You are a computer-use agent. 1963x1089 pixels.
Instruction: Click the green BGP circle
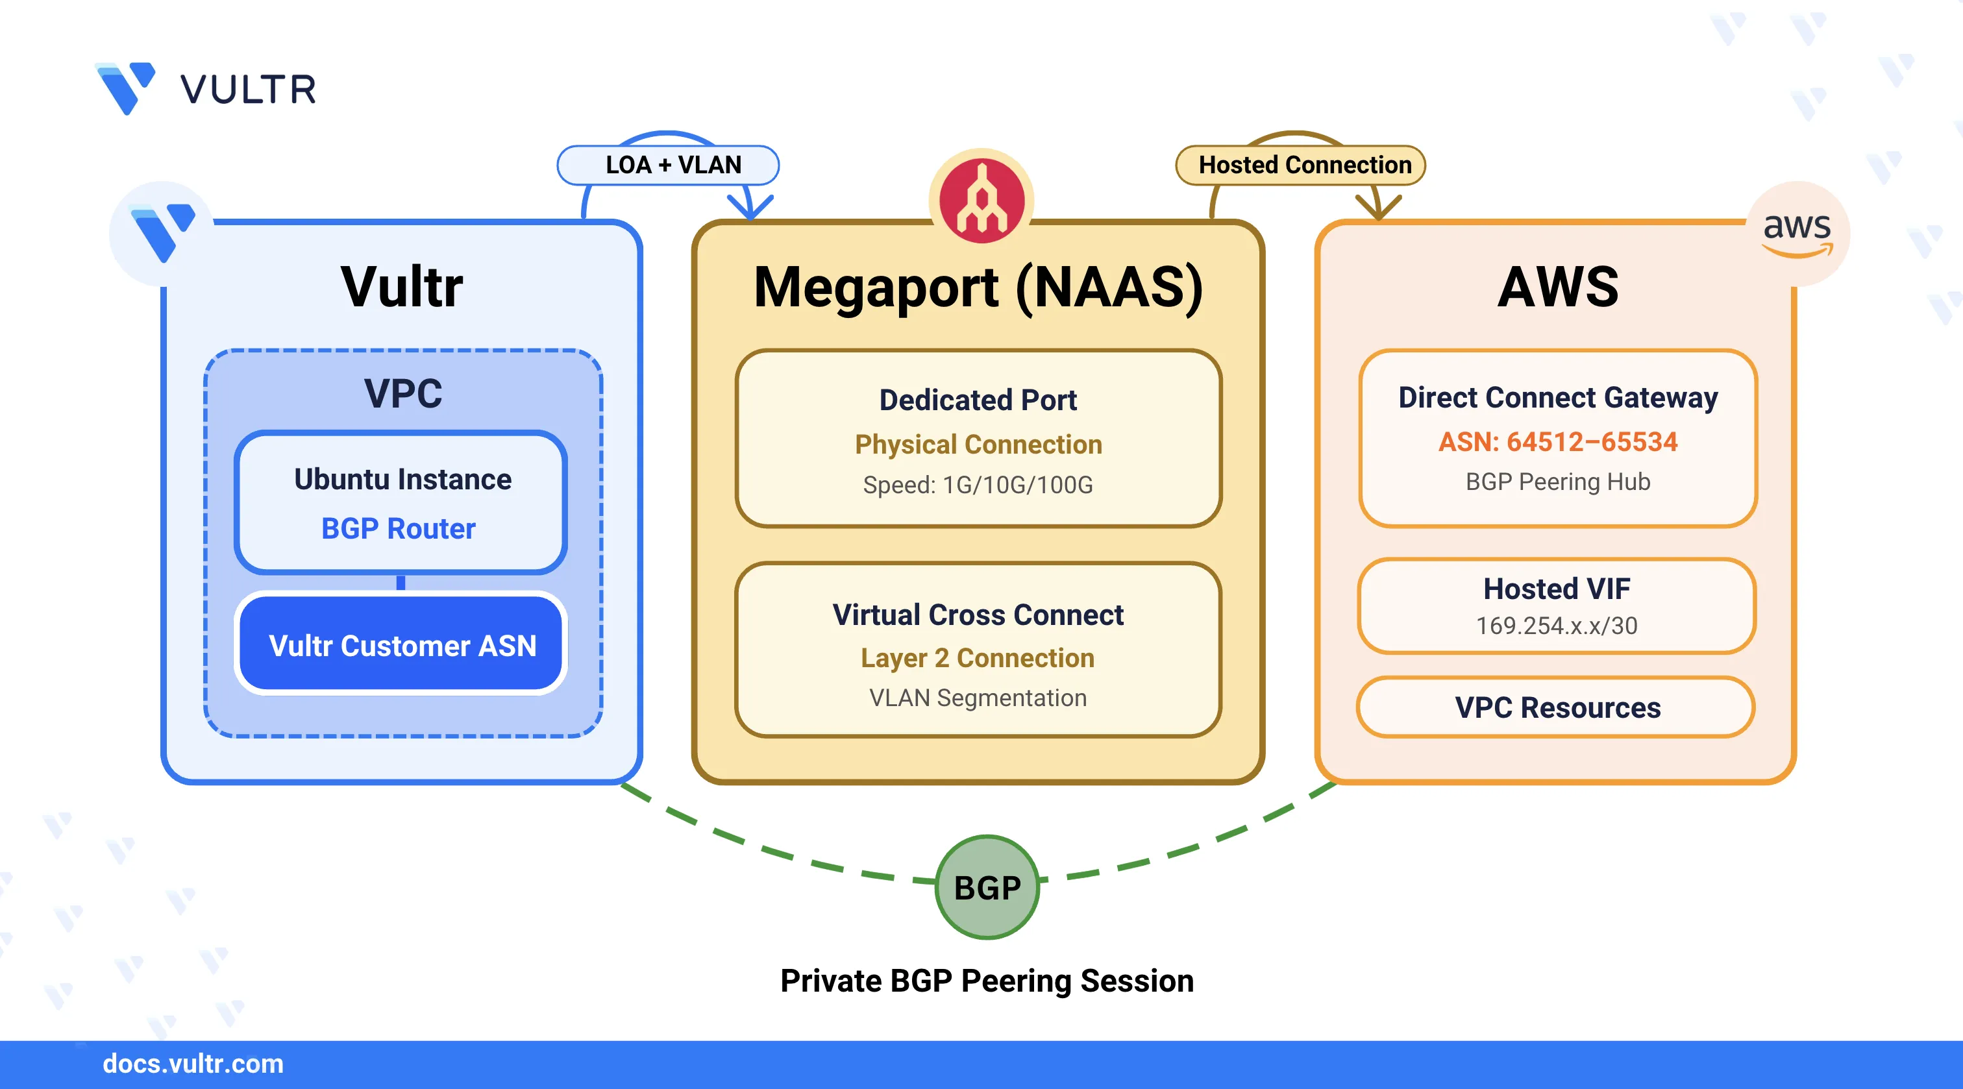pos(987,887)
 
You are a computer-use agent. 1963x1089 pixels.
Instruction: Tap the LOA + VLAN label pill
pos(669,165)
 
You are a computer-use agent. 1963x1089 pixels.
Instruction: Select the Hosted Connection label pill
pos(1301,165)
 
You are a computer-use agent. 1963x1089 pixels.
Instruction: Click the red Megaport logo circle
pos(981,201)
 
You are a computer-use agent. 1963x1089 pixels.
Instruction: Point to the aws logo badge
pos(1797,232)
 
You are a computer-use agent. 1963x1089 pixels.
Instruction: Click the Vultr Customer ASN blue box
pos(402,644)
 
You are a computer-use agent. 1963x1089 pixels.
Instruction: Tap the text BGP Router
pos(398,528)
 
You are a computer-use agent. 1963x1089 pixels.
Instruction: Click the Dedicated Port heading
pos(978,400)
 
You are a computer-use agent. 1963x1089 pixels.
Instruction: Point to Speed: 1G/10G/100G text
pos(978,485)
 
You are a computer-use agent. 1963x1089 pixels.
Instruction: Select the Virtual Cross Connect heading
pos(978,614)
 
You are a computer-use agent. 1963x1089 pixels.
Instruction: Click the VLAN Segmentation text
pos(978,697)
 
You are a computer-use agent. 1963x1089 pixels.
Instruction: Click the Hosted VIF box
pos(1556,606)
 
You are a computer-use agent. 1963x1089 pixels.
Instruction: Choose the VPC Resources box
pos(1556,707)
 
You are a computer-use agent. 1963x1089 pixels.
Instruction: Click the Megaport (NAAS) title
pos(978,288)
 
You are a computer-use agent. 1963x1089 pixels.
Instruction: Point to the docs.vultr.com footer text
pos(193,1063)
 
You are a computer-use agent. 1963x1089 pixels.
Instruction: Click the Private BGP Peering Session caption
pos(987,980)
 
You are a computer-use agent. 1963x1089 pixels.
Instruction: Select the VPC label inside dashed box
pos(403,393)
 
